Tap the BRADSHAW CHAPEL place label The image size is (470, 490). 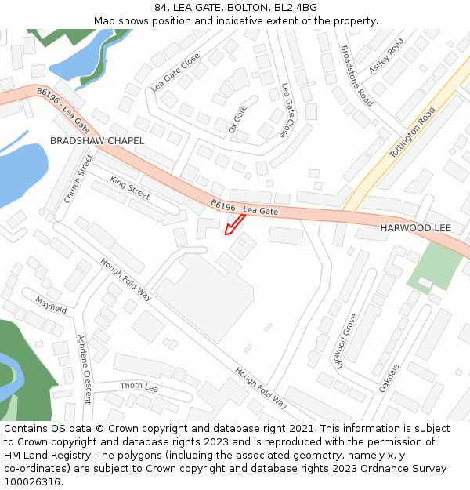97,140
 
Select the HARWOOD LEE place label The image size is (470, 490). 416,227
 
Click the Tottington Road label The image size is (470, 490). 412,132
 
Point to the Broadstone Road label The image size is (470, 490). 356,75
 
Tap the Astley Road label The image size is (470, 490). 385,56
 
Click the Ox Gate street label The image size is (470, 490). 237,118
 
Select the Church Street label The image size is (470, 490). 78,179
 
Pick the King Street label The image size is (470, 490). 129,187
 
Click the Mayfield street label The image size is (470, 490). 50,304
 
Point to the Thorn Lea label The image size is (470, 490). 139,387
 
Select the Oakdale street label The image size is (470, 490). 389,378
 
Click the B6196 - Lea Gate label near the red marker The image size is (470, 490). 244,208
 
